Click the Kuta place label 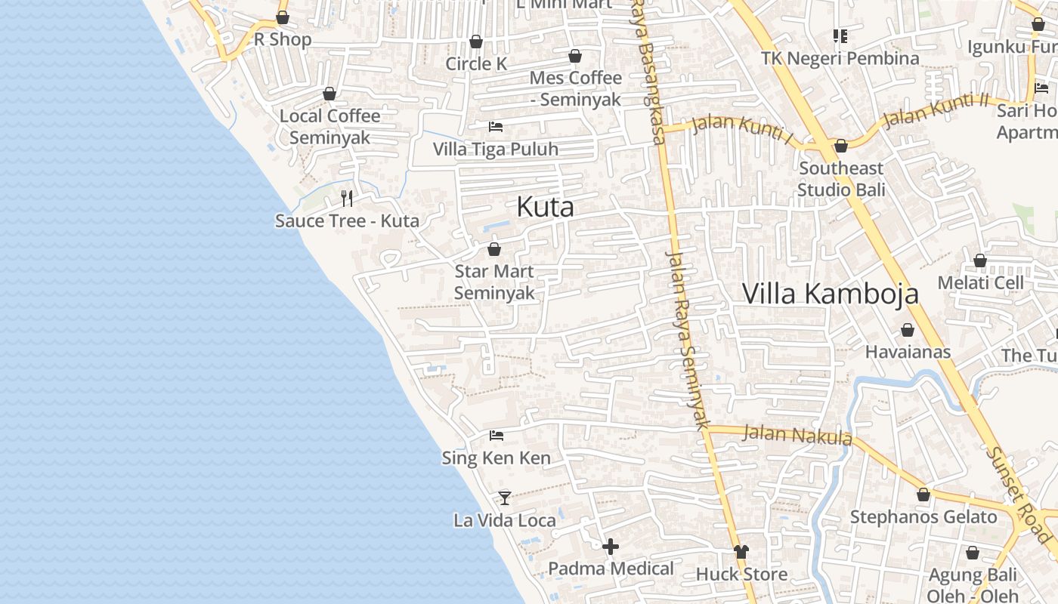(545, 207)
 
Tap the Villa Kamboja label (830, 294)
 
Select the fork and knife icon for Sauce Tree (347, 199)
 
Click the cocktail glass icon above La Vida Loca (505, 498)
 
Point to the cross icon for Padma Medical (611, 546)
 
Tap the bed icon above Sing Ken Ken (497, 435)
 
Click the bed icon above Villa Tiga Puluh (496, 126)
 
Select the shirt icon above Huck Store (741, 552)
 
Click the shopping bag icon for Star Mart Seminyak (494, 248)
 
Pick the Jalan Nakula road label (797, 436)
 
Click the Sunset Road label (1019, 495)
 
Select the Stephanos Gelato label (923, 517)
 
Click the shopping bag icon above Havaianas (907, 330)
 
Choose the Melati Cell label (980, 283)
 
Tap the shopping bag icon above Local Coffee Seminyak (329, 94)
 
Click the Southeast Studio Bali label (840, 179)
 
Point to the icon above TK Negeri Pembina (840, 35)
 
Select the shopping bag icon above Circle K (476, 42)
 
